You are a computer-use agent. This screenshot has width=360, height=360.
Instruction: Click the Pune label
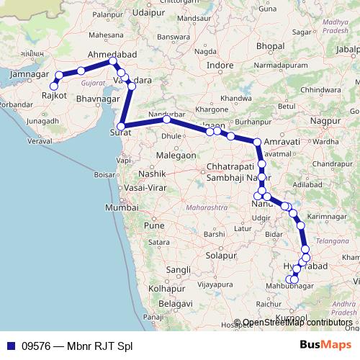click(x=155, y=225)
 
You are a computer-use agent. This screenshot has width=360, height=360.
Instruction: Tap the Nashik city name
click(x=153, y=174)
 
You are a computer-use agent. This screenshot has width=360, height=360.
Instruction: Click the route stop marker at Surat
click(x=121, y=127)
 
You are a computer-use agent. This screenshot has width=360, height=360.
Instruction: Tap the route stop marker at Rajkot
click(x=54, y=86)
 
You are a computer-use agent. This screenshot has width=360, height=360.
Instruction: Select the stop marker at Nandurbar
click(x=166, y=120)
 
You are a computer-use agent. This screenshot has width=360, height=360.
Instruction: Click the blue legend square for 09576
click(x=12, y=346)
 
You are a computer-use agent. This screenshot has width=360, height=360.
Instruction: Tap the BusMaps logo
click(x=324, y=345)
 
